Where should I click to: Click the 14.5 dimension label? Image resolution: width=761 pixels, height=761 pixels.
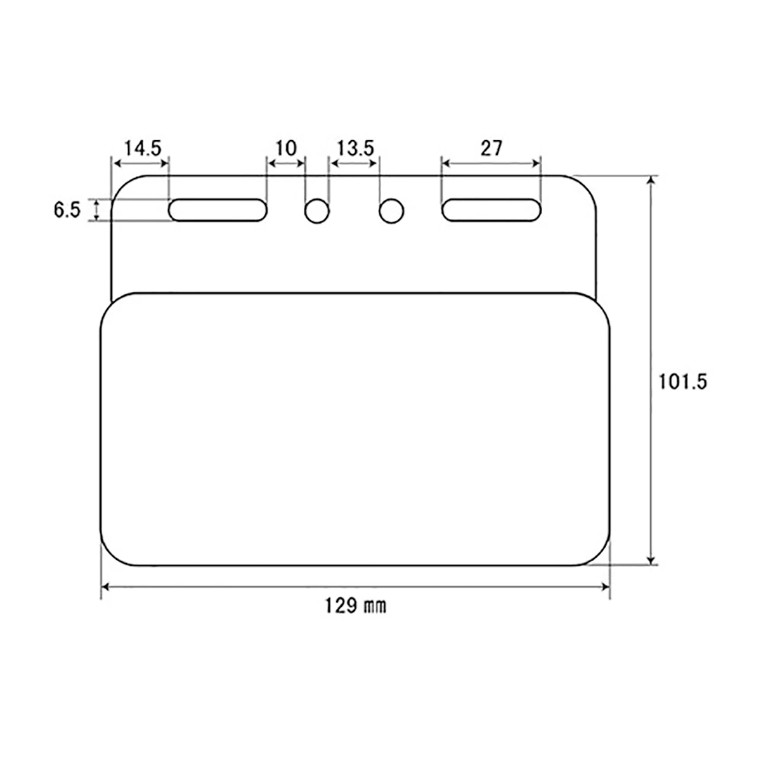143,148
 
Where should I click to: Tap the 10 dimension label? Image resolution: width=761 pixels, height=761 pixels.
285,148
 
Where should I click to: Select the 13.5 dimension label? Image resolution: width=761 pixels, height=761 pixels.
355,148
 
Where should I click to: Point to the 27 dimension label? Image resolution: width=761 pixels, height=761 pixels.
491,148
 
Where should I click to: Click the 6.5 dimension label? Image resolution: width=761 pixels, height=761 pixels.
67,210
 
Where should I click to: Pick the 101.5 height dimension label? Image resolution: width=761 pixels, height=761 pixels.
682,382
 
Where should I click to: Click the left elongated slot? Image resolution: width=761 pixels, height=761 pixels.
218,210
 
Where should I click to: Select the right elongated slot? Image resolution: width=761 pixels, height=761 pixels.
491,210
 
